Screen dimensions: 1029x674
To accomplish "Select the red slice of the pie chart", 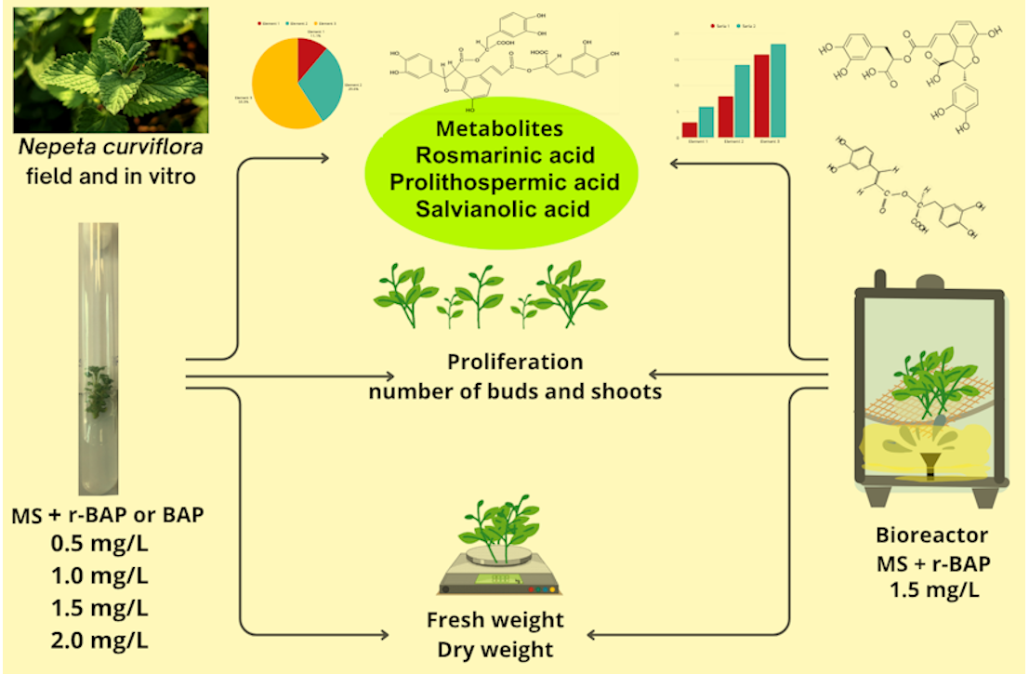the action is point(310,58).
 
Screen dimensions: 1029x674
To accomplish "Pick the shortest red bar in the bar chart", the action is point(689,129).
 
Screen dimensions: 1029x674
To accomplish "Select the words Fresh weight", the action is point(495,620).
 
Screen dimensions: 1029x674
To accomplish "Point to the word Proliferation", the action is point(515,362).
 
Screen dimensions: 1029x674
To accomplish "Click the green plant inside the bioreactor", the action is point(919,381).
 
